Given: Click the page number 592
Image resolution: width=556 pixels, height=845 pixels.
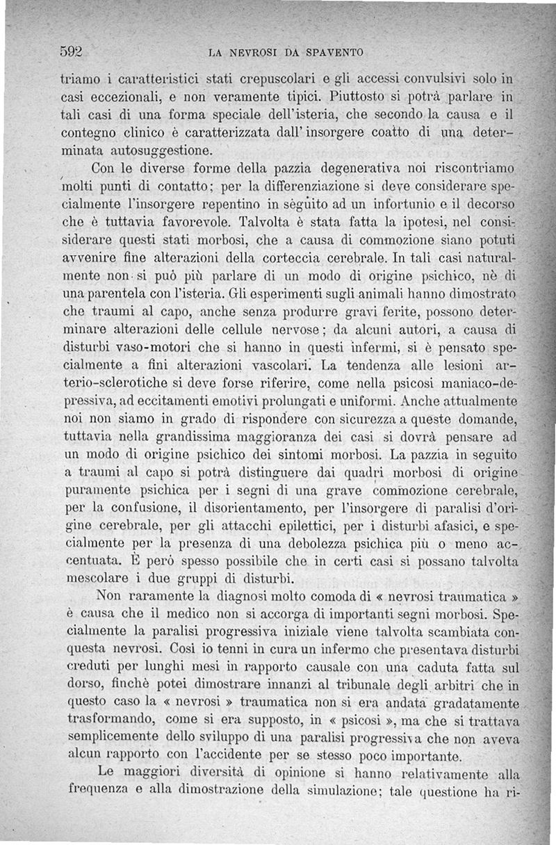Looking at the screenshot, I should pos(72,51).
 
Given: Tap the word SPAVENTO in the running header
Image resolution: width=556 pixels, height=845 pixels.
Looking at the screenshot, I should pos(336,52).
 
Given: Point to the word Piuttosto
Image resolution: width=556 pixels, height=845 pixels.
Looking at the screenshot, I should pos(366,95).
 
